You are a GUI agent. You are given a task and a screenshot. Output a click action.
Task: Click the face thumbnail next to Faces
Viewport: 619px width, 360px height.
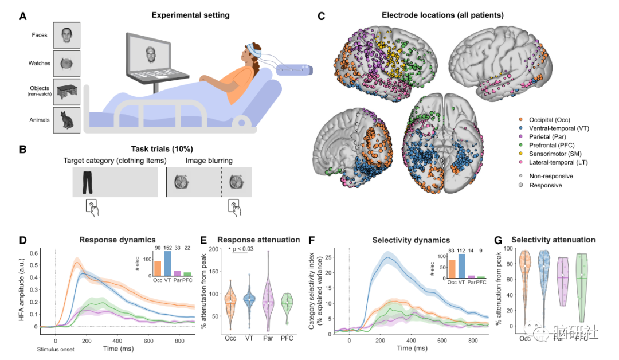[66, 36]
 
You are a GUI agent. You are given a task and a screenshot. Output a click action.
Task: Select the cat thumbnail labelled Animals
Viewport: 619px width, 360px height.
[66, 120]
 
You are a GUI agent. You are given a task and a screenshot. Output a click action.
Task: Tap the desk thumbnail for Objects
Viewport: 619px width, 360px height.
[66, 92]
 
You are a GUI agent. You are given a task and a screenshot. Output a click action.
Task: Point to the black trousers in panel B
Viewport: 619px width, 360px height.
[88, 182]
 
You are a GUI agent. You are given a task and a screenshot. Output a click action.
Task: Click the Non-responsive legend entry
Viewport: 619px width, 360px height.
[551, 176]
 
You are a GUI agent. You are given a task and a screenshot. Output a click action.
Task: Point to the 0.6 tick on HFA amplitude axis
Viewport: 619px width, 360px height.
[35, 253]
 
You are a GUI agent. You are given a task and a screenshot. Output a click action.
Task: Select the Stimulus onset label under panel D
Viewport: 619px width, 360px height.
[56, 349]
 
